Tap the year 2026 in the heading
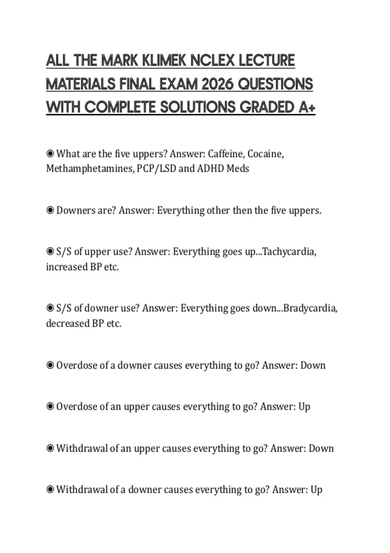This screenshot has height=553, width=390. coord(217,85)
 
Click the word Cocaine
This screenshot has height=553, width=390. coord(265,154)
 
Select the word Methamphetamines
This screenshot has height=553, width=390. coord(90,169)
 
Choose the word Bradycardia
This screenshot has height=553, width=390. coord(310,308)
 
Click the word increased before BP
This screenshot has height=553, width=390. coord(62,267)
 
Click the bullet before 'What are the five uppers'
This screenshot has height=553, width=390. coord(50,153)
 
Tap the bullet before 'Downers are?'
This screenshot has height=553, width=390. coord(50,210)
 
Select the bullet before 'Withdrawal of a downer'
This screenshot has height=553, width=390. coord(50,489)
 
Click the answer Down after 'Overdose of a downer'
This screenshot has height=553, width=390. coord(313,365)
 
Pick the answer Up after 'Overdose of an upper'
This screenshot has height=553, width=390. coord(304,407)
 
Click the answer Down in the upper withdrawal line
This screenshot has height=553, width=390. coord(321,448)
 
